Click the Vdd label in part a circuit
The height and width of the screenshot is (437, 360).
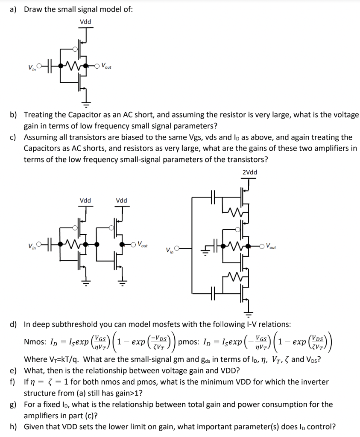(85, 22)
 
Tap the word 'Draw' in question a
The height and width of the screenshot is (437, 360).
(34, 9)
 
